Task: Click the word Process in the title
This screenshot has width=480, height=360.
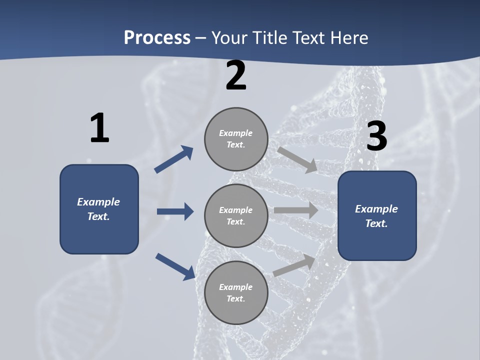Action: point(157,38)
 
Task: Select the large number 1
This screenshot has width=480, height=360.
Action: point(99,128)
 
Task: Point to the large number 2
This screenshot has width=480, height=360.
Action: point(236,76)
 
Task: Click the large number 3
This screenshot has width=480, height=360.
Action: point(376,136)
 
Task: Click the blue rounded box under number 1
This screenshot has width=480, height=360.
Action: point(99,209)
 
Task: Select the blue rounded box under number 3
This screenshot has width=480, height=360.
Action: point(377,216)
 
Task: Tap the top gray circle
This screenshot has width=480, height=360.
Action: point(236,139)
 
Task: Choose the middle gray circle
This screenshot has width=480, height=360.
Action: point(236,216)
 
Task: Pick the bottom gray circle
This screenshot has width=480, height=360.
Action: point(236,293)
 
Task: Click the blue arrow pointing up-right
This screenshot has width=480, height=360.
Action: point(174,159)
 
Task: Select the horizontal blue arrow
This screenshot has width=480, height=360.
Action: point(175,211)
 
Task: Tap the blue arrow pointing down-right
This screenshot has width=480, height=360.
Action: point(175,266)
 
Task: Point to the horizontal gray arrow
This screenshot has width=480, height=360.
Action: point(296,210)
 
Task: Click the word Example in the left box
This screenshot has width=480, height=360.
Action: point(98,202)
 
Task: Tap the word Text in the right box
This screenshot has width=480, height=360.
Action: point(375,223)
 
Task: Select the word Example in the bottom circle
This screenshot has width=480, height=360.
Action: point(236,287)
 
